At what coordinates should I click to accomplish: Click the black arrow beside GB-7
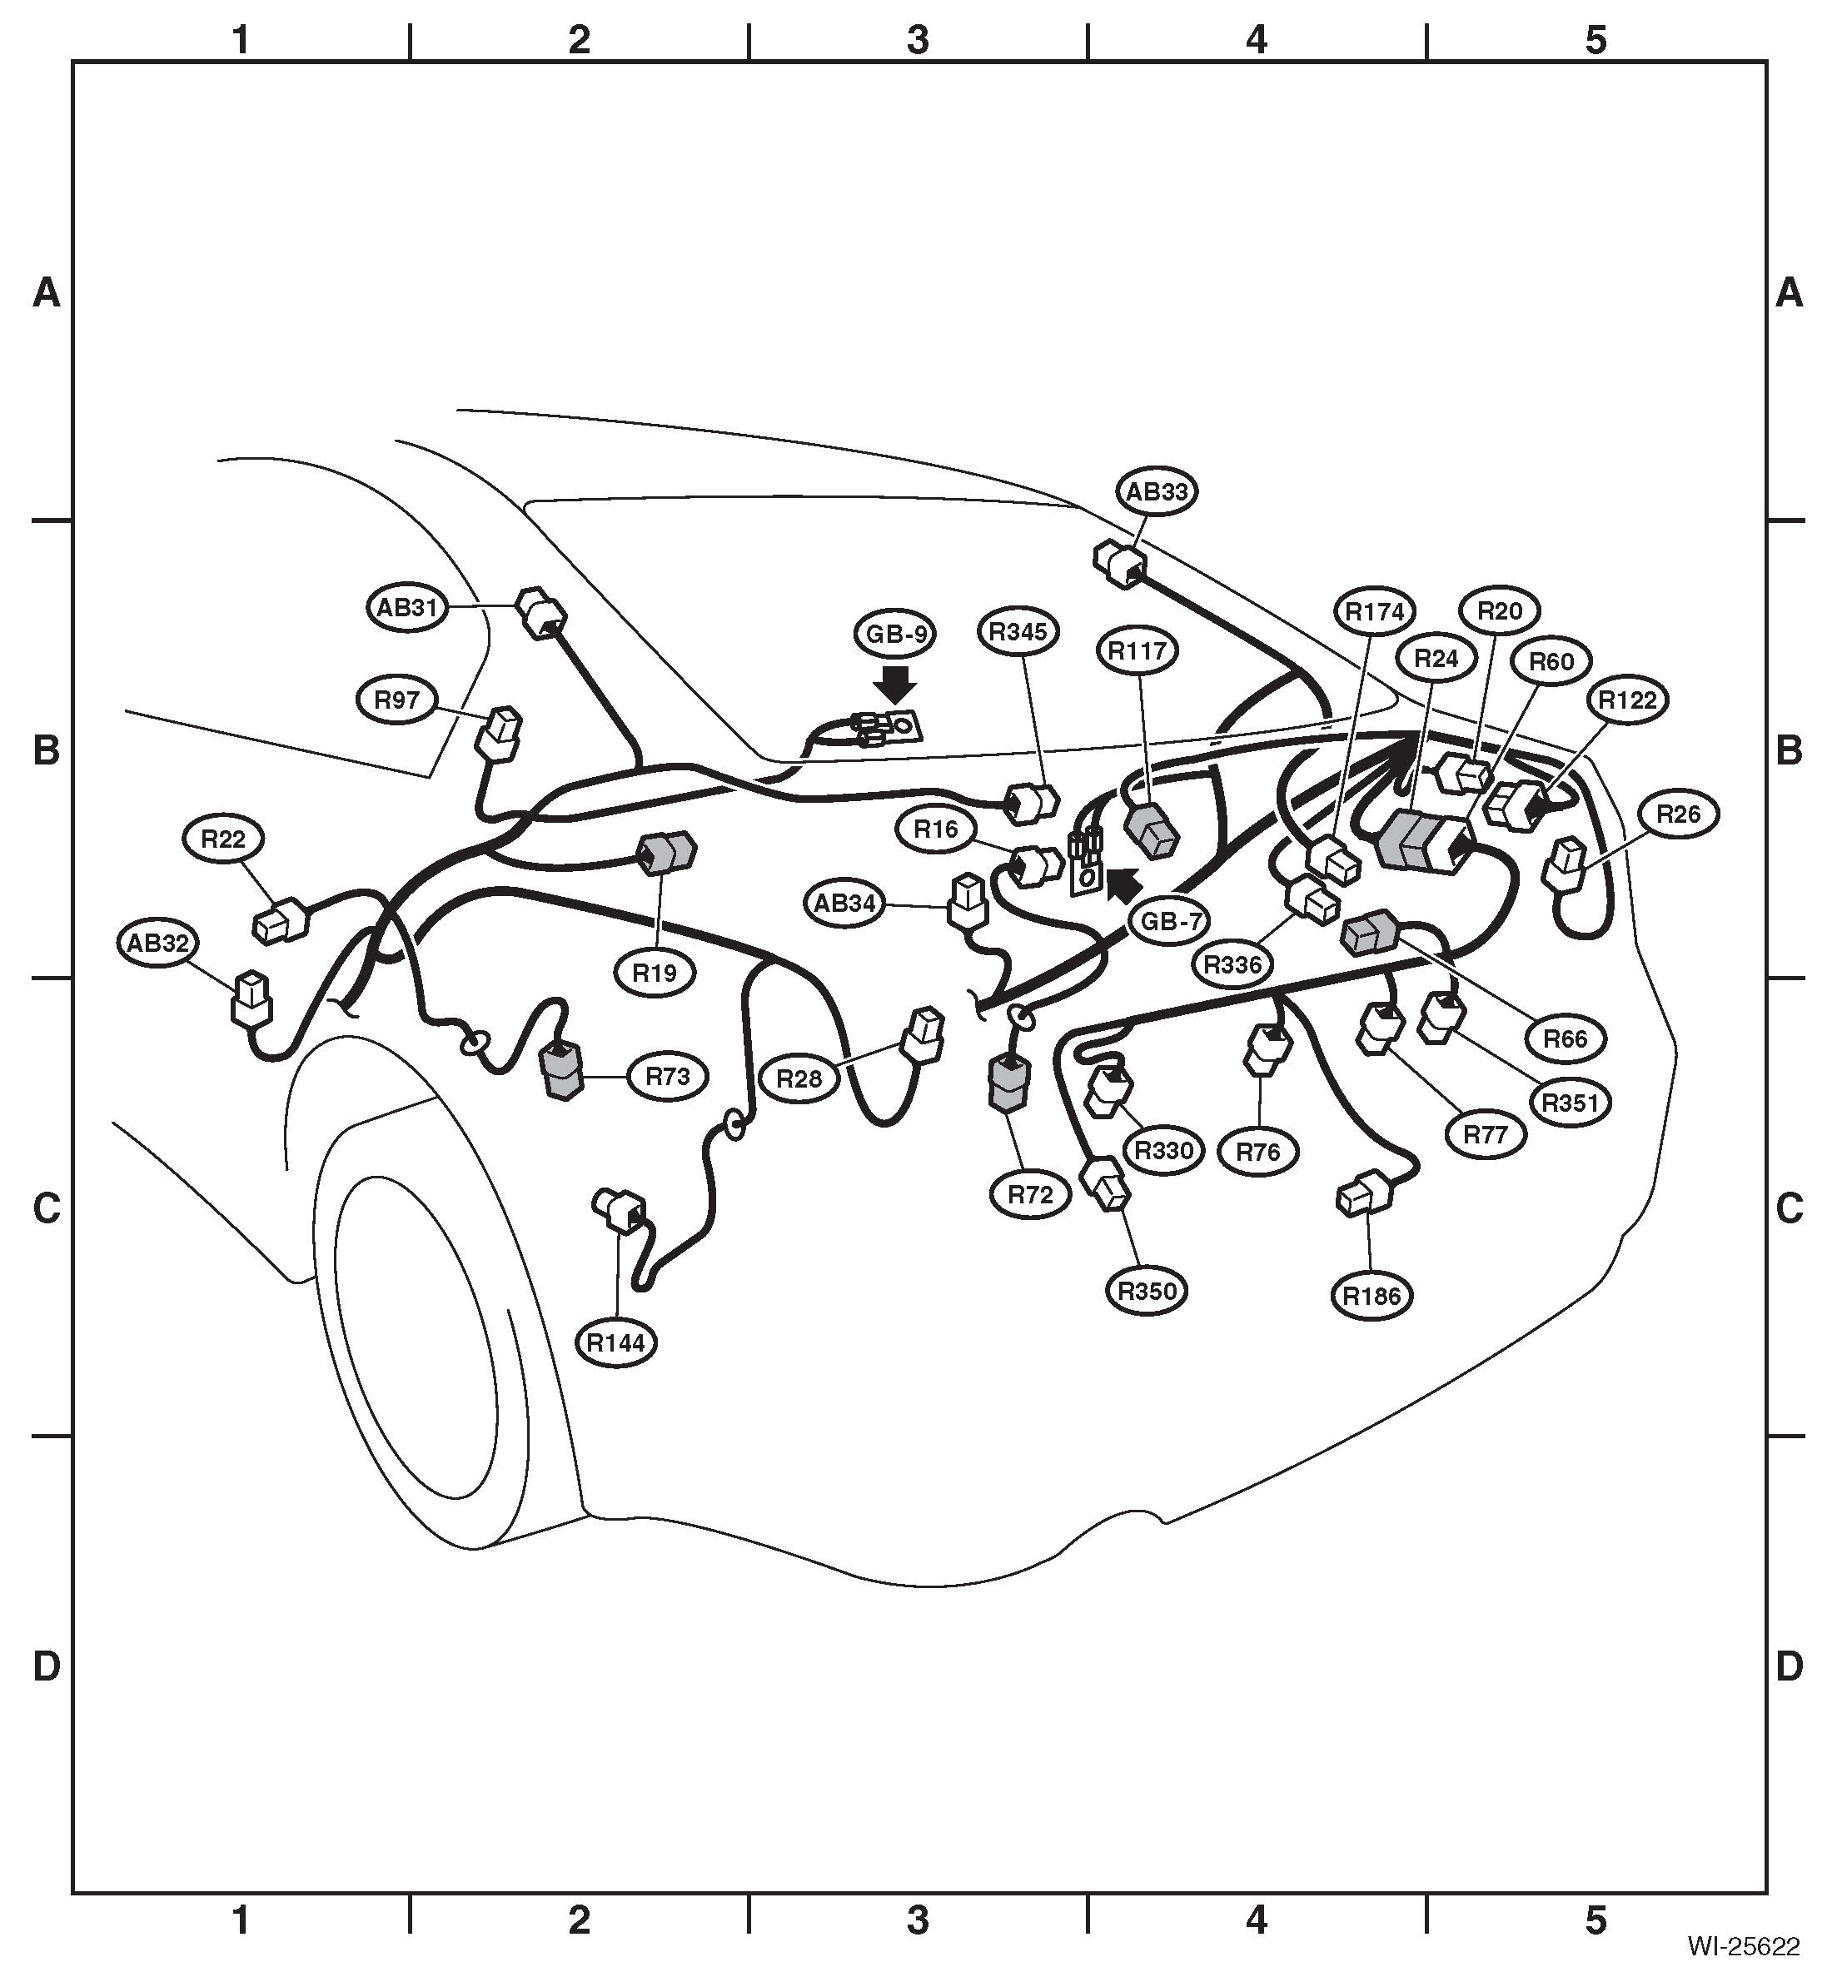click(1123, 884)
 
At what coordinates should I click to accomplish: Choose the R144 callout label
click(615, 1342)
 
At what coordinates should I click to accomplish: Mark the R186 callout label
click(1372, 1296)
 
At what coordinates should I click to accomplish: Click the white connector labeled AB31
click(542, 612)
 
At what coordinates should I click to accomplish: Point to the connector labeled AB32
click(251, 998)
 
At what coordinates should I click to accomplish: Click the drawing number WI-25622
click(1744, 1945)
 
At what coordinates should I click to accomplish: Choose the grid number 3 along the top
click(918, 40)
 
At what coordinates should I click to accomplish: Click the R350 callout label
click(1147, 1291)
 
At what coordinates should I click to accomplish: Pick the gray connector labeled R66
click(1369, 932)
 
